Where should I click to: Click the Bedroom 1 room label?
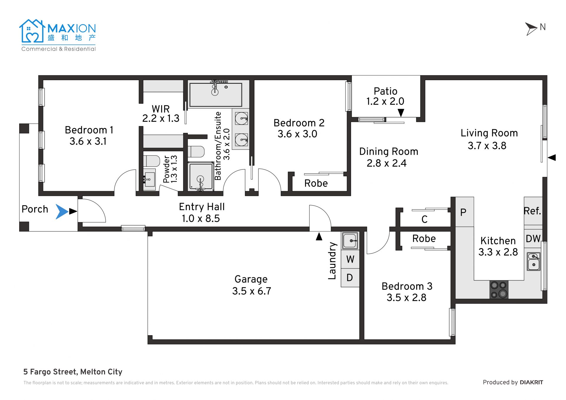(x=89, y=130)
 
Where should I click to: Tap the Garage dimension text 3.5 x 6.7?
(x=251, y=291)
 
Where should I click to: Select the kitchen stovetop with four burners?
(x=499, y=289)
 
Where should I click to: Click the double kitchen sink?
(x=534, y=261)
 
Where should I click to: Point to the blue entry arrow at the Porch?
(x=62, y=212)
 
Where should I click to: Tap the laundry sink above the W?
(x=350, y=241)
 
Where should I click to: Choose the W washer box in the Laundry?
(x=350, y=259)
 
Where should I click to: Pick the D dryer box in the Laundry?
(x=350, y=278)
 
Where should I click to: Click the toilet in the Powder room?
(x=151, y=161)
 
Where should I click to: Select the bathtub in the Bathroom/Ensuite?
(x=216, y=95)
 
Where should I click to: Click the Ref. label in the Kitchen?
(x=532, y=211)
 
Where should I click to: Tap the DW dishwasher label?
(x=533, y=238)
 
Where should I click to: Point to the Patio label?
(x=385, y=91)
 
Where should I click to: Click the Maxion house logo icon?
(x=32, y=31)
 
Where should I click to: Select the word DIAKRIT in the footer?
(x=531, y=382)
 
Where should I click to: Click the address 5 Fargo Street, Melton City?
(x=73, y=372)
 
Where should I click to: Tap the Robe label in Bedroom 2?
(x=316, y=183)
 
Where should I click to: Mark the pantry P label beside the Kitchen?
(x=463, y=212)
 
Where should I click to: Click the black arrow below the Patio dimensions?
(x=401, y=113)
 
